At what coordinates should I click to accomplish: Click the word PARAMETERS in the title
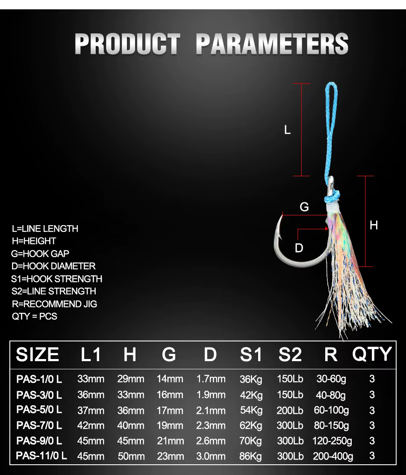coord(272,44)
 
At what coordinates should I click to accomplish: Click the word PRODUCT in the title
coord(127,44)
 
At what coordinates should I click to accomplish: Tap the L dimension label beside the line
coord(288,130)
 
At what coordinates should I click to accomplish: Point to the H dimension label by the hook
coord(374,225)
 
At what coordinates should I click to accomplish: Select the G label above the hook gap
coord(304,207)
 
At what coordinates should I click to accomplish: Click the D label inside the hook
coord(299,248)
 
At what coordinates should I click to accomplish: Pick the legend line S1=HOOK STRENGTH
coord(56,279)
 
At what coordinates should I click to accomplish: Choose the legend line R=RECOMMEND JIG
coord(54,304)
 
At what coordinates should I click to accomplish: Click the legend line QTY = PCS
coord(35,316)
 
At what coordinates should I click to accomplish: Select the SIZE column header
coord(37,354)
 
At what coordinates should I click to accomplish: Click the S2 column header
coord(290,354)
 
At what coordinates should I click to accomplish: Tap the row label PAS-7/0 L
coord(39,425)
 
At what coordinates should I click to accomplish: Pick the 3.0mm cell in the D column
coord(211,456)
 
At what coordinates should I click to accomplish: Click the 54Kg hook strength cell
coord(251,410)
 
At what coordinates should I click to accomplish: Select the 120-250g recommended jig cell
coord(332,441)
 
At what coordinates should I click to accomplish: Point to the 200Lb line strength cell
coord(290,410)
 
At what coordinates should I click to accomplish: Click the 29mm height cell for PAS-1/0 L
coord(131,379)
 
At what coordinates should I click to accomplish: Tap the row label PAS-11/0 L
coord(41,456)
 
